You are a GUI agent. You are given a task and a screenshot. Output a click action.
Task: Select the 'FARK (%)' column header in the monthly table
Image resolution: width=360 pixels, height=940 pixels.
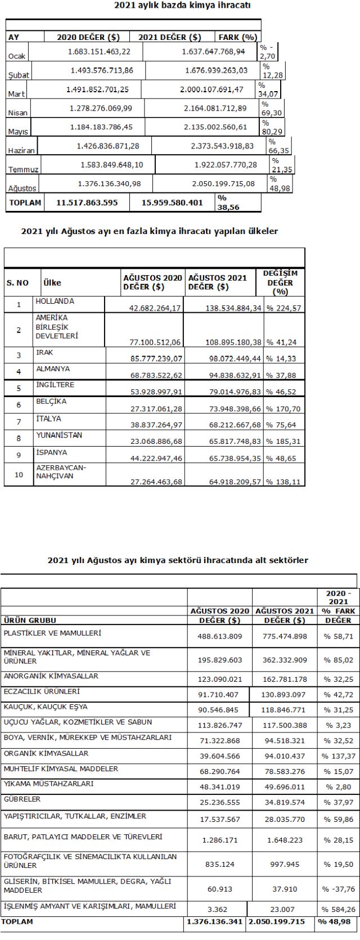pos(237,38)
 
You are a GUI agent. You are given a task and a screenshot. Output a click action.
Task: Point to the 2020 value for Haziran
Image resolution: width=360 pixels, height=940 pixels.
pos(107,146)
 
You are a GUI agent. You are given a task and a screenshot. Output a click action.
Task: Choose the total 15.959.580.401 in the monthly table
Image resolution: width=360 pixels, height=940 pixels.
pos(173,203)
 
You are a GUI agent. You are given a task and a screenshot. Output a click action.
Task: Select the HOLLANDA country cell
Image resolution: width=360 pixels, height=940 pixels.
pos(55,301)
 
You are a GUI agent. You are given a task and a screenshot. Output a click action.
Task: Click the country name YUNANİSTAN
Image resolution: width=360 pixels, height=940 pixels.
pos(59,434)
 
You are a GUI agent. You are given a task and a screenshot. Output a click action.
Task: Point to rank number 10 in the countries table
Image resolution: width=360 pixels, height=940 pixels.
pos(18,474)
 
